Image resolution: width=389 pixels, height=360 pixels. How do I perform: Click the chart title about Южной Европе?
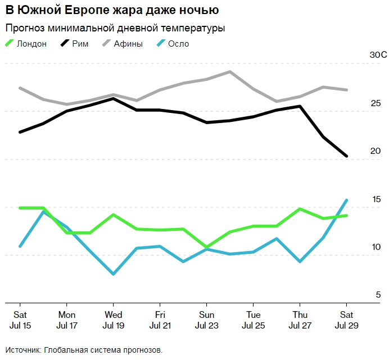coord(112,11)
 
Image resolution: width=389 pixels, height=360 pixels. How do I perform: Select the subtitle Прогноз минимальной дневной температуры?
coord(115,28)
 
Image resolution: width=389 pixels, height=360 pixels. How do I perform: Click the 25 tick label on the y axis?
coord(376,103)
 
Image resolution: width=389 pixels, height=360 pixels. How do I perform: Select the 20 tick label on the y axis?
coord(376,151)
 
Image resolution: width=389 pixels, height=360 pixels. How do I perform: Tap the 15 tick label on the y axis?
coord(376,199)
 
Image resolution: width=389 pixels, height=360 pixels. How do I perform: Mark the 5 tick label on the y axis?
coord(378,295)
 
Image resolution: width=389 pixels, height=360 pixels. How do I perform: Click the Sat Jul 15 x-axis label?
coord(20,320)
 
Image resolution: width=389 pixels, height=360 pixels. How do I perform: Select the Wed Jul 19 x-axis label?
coord(114,320)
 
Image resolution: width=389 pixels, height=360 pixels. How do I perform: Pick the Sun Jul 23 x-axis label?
coord(206,320)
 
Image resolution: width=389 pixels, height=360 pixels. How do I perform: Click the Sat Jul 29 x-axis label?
coord(346,320)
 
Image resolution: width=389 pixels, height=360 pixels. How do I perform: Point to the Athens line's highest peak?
coord(230,72)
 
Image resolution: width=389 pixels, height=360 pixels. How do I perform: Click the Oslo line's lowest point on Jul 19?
coord(114,274)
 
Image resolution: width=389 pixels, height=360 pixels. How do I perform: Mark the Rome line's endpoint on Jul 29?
coord(346,156)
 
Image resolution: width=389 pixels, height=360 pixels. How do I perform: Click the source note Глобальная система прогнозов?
coord(84,350)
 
